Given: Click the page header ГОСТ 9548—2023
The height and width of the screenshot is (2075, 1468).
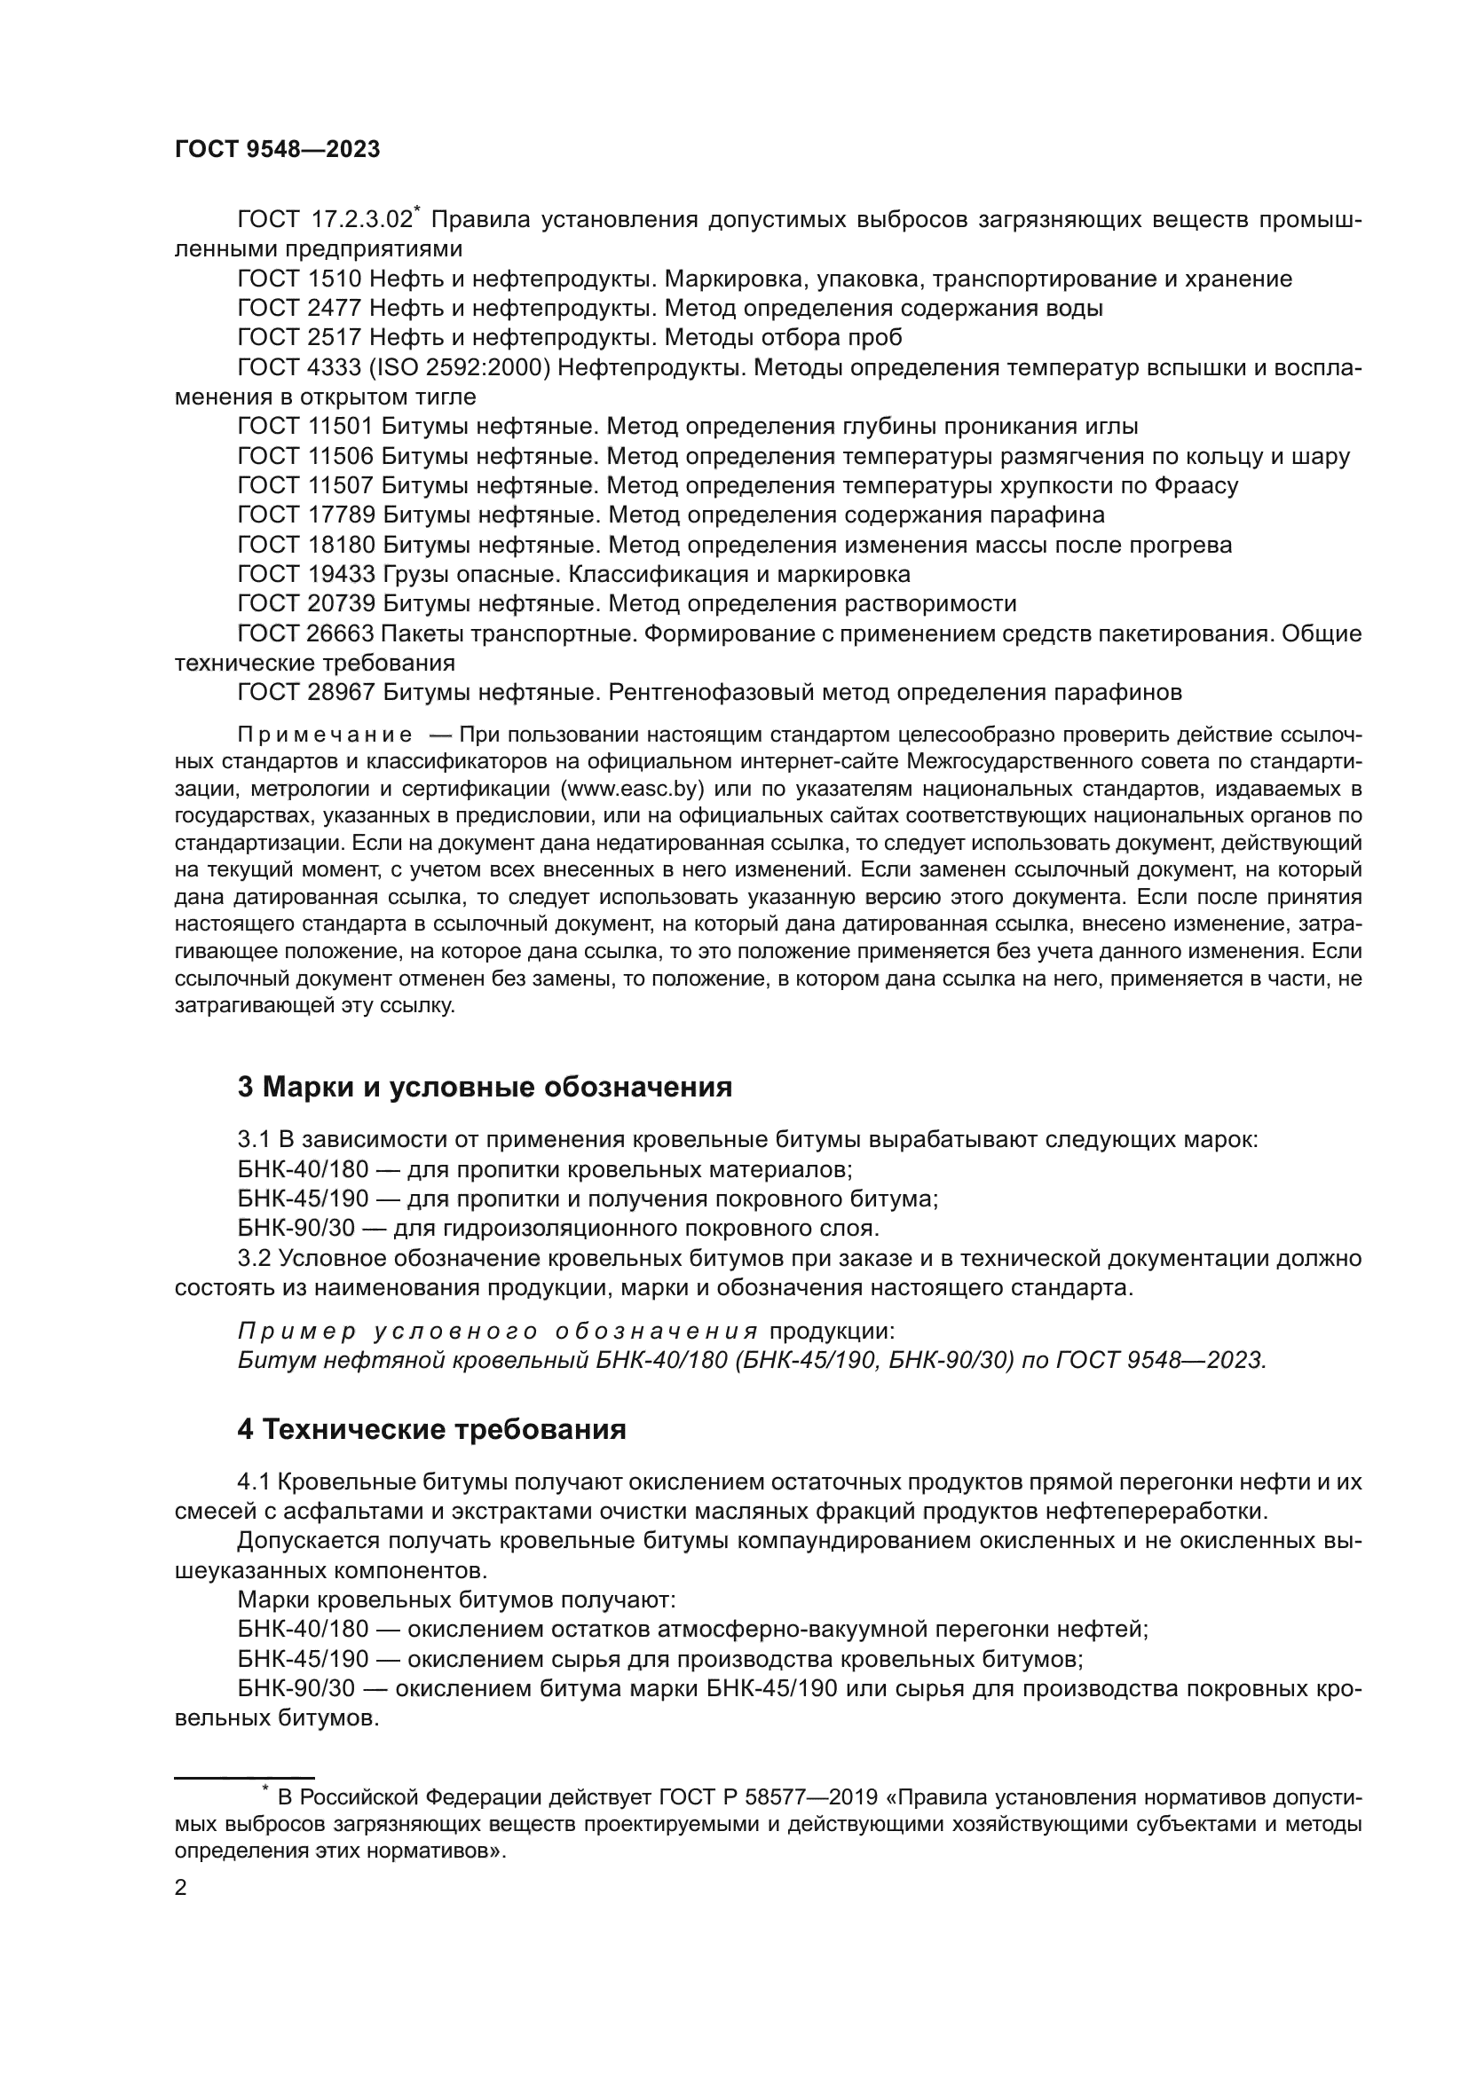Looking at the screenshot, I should click(x=277, y=150).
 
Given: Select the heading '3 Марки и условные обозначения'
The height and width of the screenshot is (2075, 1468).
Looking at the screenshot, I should click(x=485, y=1087).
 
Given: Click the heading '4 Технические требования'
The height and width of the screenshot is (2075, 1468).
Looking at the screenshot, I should click(x=431, y=1430).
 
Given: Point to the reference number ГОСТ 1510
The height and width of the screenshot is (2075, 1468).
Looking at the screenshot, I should click(x=299, y=279).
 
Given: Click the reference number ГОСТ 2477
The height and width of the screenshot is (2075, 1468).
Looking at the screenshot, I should click(x=299, y=309).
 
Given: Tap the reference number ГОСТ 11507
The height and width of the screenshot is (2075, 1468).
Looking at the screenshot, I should click(x=304, y=486).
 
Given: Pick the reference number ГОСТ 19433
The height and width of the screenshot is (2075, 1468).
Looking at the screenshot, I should click(x=304, y=575).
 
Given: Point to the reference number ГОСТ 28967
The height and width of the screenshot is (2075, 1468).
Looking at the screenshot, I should click(x=304, y=693).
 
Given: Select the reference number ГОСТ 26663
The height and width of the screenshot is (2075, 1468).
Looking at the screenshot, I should click(x=304, y=634).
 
